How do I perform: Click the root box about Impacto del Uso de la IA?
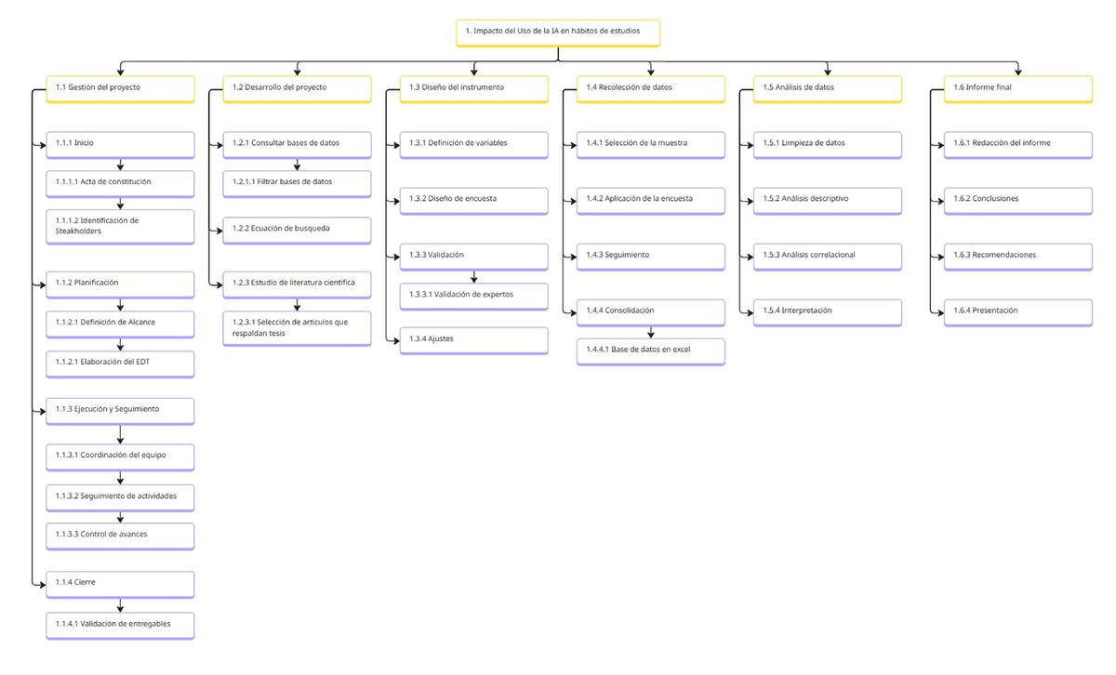coord(558,33)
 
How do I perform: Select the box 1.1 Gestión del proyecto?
coord(120,89)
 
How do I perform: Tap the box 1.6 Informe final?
coord(1017,89)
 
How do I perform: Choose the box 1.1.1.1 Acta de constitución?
coord(120,184)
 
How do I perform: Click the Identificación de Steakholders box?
coord(120,227)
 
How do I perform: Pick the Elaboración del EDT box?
coord(120,364)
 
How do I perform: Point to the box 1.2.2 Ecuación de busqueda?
coord(297,231)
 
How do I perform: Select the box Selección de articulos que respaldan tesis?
coord(297,328)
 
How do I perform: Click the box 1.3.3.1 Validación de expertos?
coord(473,297)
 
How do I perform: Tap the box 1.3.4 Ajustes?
coord(473,340)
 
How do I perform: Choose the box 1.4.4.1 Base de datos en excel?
coord(651,351)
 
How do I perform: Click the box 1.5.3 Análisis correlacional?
coord(828,257)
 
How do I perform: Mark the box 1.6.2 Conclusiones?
coord(1017,201)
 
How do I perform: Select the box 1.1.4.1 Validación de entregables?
coord(120,626)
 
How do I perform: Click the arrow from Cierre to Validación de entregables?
coord(120,605)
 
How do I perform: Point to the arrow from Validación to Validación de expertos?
coord(473,277)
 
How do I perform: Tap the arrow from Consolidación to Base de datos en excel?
coord(651,332)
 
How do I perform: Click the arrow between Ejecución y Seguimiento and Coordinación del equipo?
coord(120,434)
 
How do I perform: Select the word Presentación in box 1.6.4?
coord(995,311)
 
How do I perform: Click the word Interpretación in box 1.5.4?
coord(806,311)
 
